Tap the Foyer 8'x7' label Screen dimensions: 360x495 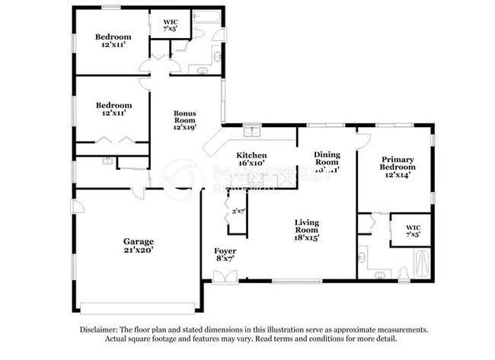[x=225, y=255]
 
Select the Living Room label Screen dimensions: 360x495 [x=307, y=230]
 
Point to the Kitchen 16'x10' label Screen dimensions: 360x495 [x=251, y=158]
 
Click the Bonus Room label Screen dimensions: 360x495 [x=185, y=119]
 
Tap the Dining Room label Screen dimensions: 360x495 [x=327, y=161]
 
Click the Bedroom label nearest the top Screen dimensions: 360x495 [x=112, y=41]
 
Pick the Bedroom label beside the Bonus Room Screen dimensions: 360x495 [x=112, y=109]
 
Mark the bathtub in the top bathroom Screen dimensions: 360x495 [x=206, y=16]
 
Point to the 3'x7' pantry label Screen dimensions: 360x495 [x=238, y=212]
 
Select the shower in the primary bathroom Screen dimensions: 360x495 [x=420, y=264]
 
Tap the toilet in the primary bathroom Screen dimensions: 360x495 [x=402, y=272]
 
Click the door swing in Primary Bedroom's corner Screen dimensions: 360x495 [x=362, y=140]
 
